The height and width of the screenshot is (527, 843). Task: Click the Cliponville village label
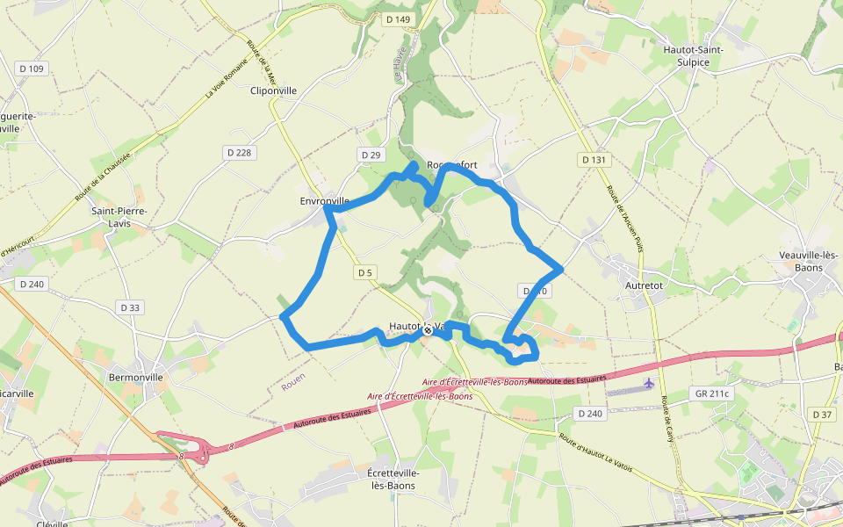click(274, 90)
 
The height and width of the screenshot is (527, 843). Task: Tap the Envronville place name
click(325, 201)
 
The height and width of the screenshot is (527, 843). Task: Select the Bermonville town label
click(135, 377)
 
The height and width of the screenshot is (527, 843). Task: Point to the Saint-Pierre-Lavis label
click(119, 217)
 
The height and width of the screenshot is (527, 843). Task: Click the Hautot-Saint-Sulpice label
click(693, 56)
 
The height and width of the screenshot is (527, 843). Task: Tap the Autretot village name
click(644, 285)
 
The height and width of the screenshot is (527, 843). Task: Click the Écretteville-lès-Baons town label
click(393, 479)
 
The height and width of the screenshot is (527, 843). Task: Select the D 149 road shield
click(397, 19)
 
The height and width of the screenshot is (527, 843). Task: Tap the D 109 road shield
click(31, 69)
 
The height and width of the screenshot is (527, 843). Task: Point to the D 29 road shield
click(371, 155)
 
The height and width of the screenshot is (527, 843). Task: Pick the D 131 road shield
click(594, 160)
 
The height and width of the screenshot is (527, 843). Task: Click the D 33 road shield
click(129, 307)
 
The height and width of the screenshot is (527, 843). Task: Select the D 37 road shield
click(822, 414)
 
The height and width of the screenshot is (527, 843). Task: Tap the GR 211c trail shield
click(710, 393)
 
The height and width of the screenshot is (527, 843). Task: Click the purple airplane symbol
click(649, 383)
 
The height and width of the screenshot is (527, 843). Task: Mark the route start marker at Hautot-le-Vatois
click(428, 331)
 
